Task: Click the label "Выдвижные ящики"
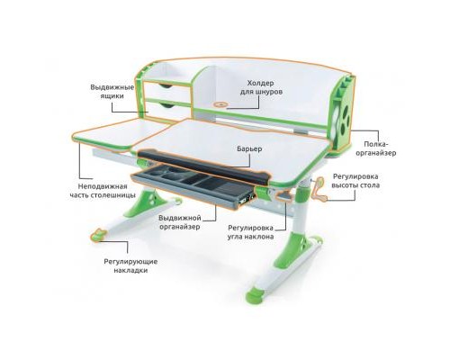112,93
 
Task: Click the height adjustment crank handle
316,186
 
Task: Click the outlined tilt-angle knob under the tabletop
265,190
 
